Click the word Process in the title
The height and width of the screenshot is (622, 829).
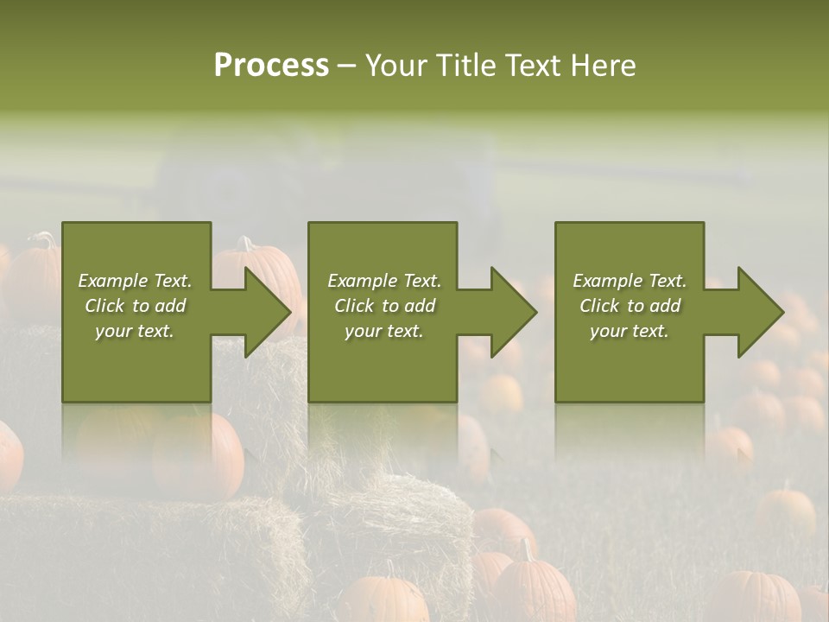tap(271, 66)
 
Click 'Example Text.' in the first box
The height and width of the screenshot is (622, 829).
tap(135, 281)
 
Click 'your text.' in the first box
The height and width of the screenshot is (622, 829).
tap(135, 331)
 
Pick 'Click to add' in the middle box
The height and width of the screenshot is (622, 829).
tap(384, 306)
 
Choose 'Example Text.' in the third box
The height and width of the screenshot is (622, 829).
tap(630, 281)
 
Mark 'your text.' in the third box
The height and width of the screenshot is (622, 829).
tap(630, 331)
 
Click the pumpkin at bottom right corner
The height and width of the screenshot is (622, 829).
tap(756, 596)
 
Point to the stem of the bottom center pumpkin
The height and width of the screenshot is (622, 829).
tap(524, 549)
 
